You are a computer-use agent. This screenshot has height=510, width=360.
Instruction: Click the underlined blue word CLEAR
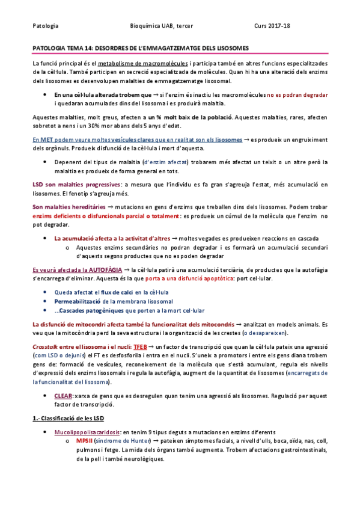click(63, 397)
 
